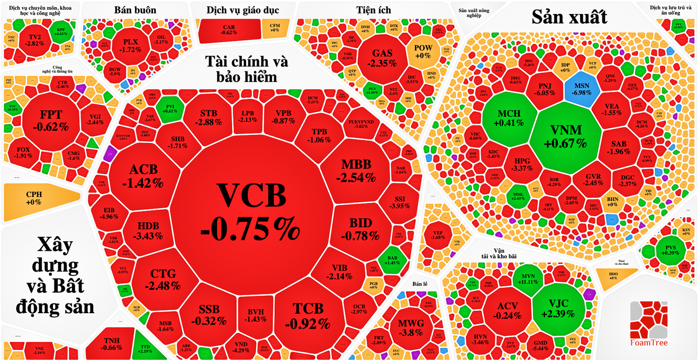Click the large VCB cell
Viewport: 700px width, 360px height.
coord(250,211)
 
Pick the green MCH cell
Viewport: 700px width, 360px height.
coord(509,118)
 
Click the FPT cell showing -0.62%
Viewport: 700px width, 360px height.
coord(50,120)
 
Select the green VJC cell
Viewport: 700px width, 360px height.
coord(561,307)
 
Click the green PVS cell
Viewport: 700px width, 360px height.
coord(671,249)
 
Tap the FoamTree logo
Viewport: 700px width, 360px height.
coord(649,325)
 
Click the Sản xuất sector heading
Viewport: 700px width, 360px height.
coord(569,18)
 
